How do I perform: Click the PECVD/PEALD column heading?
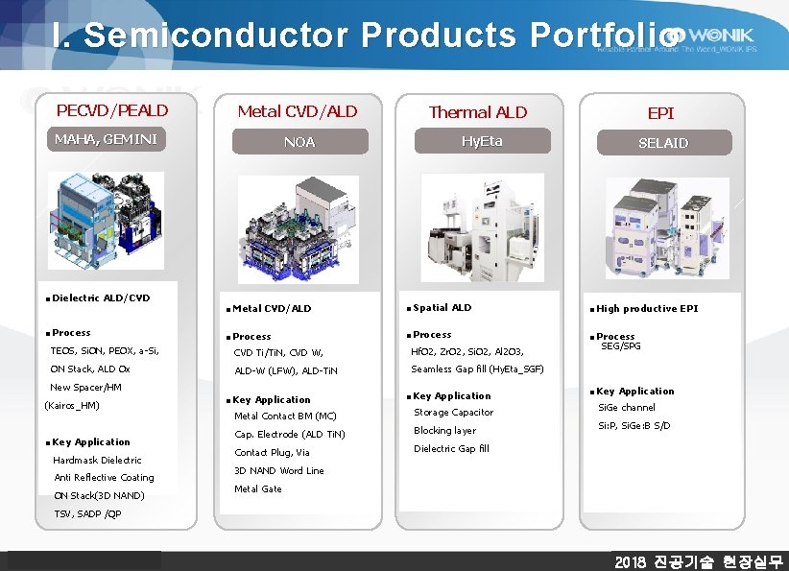(112, 111)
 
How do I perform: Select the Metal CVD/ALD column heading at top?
(298, 111)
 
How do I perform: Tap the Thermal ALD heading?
(478, 112)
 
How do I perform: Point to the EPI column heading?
(660, 113)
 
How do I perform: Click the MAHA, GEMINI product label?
(105, 139)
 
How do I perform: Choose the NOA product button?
(299, 142)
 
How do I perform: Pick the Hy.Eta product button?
(482, 141)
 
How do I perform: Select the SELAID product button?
(663, 142)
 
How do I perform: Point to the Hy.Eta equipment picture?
(481, 230)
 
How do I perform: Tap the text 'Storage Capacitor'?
(453, 413)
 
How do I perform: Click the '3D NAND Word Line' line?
(279, 471)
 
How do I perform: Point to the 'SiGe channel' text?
(627, 408)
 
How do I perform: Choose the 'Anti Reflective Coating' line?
(104, 478)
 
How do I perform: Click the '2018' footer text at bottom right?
(633, 561)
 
